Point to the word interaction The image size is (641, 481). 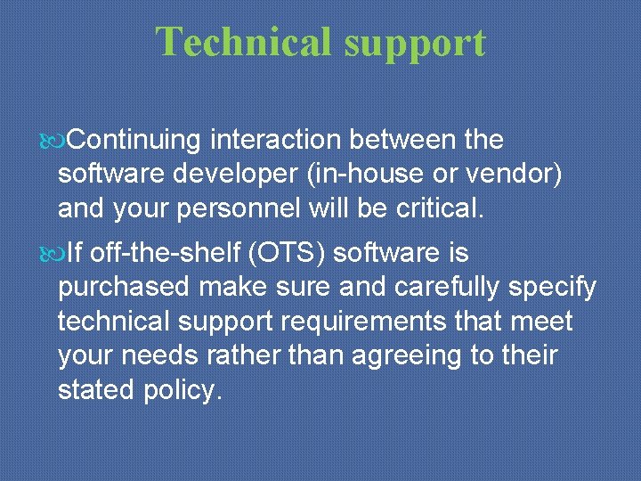[276, 140]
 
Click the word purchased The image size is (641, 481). [124, 289]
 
